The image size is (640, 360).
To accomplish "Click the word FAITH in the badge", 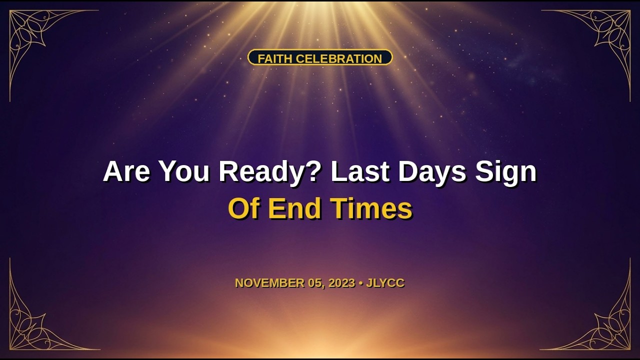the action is pos(275,58).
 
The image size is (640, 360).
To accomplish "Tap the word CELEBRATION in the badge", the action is pos(339,58).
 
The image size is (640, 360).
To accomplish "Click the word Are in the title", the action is pos(126,171).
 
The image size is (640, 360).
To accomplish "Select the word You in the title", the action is pos(184,171).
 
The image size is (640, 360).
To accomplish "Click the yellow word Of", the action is pos(244,208).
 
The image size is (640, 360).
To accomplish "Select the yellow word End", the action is pos(295,208).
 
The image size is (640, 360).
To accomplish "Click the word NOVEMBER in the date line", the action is pos(269,283).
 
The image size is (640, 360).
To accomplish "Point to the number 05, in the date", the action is pos(316,283).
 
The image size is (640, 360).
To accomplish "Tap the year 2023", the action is pos(341,283).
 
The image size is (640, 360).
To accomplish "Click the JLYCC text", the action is pos(385,283).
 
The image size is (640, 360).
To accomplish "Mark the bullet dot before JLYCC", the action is pos(360,283).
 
